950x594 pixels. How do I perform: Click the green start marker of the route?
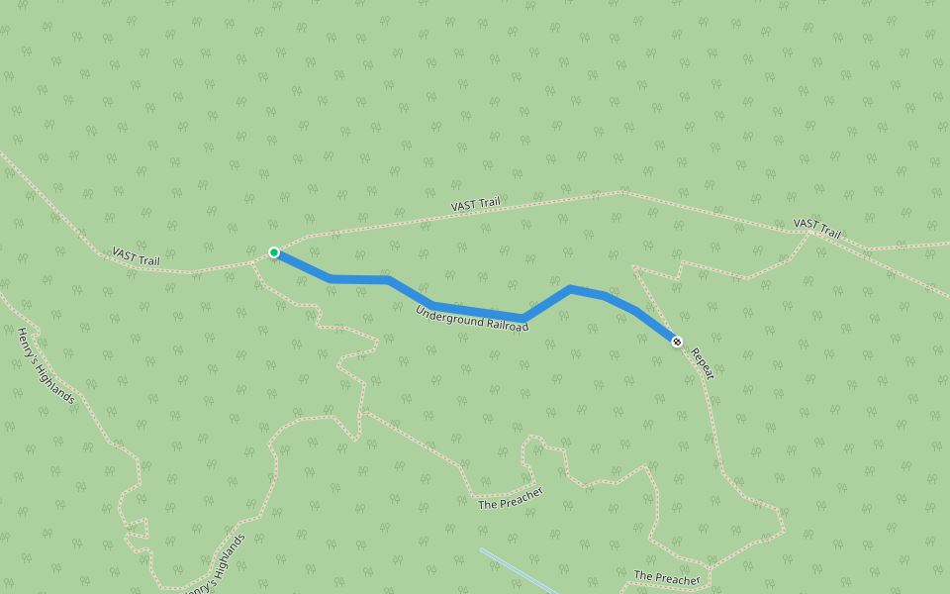click(x=274, y=252)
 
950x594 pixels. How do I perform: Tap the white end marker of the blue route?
click(x=677, y=342)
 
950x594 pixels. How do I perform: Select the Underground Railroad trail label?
click(x=472, y=318)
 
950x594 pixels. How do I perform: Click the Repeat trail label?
click(x=703, y=362)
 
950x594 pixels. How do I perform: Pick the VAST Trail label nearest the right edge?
click(x=817, y=230)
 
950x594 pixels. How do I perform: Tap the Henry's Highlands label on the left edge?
click(x=46, y=365)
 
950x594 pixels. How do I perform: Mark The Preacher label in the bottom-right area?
click(x=667, y=576)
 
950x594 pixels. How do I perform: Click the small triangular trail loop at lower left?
click(x=137, y=529)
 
